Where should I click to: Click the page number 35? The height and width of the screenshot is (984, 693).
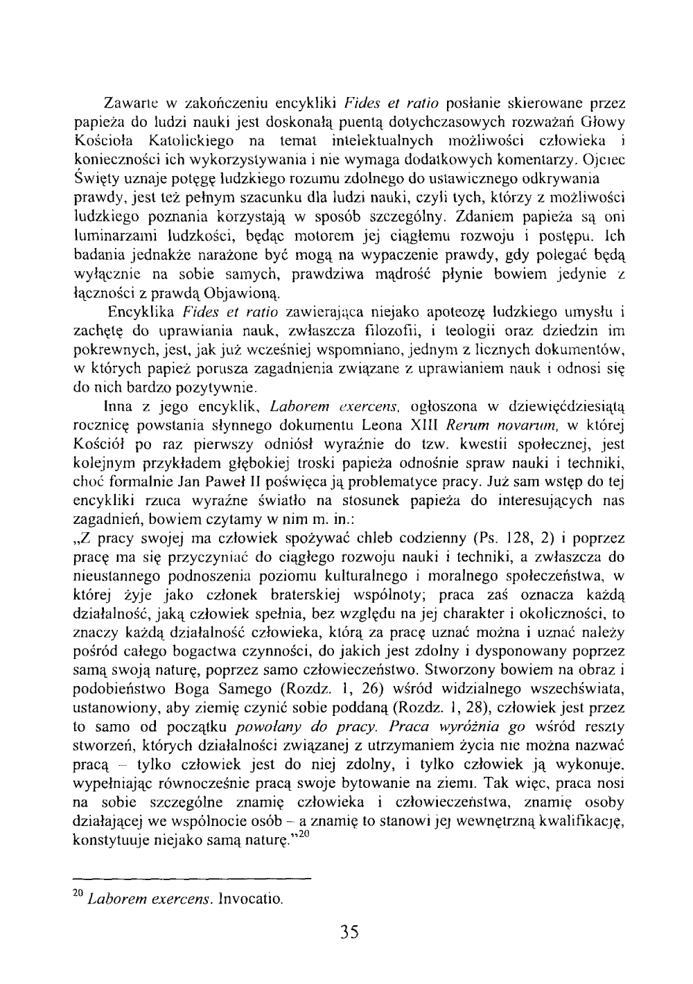[350, 931]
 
